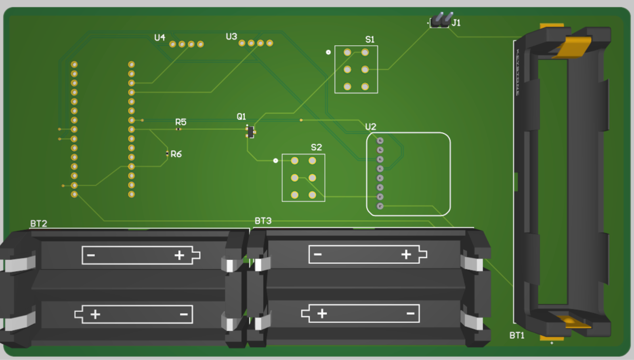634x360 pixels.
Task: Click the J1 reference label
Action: (456, 23)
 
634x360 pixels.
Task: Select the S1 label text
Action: (370, 39)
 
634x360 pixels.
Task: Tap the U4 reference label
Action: (160, 38)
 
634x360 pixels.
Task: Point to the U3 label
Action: (231, 37)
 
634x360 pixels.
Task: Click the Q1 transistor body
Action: (250, 132)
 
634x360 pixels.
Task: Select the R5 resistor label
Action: (181, 122)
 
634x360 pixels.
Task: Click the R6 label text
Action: (176, 154)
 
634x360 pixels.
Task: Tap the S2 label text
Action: (316, 147)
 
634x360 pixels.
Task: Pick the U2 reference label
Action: (370, 127)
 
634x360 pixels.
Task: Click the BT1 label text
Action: (517, 335)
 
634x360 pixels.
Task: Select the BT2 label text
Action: (39, 223)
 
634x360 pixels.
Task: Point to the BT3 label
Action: (263, 221)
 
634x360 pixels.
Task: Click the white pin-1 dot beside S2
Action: (275, 160)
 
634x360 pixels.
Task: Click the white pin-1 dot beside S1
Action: (328, 52)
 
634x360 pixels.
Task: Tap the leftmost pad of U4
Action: (172, 44)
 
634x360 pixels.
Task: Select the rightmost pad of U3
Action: (269, 43)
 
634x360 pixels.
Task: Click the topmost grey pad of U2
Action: (380, 141)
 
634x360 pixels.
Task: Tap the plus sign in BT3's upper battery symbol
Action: (406, 254)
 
